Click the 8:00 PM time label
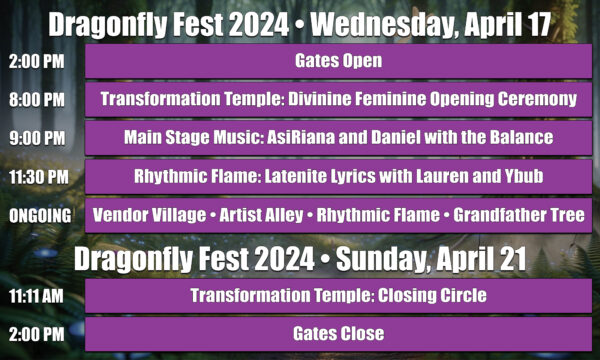click(x=36, y=100)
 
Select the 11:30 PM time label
click(x=38, y=177)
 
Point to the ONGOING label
click(x=40, y=216)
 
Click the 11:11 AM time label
click(x=38, y=295)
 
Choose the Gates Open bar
click(x=338, y=62)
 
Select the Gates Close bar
click(x=338, y=333)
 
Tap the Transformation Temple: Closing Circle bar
click(x=338, y=295)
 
